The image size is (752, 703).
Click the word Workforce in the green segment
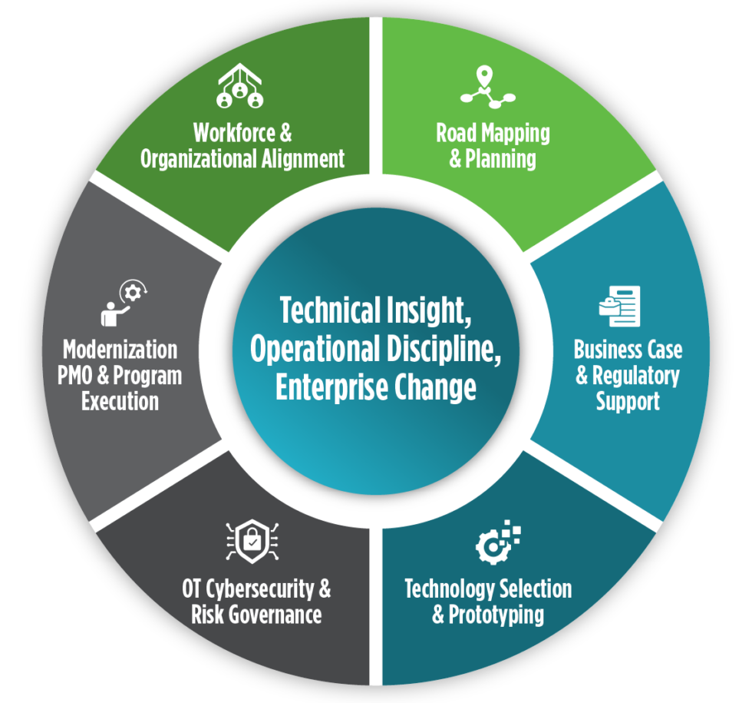pos(223,132)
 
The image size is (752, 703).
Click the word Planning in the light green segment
pos(501,159)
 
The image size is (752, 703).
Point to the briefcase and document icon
pos(619,306)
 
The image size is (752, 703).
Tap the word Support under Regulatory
pos(628,402)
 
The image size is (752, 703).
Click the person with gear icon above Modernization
pos(124,303)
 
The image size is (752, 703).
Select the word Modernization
pos(120,350)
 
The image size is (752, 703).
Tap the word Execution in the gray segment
pos(120,401)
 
